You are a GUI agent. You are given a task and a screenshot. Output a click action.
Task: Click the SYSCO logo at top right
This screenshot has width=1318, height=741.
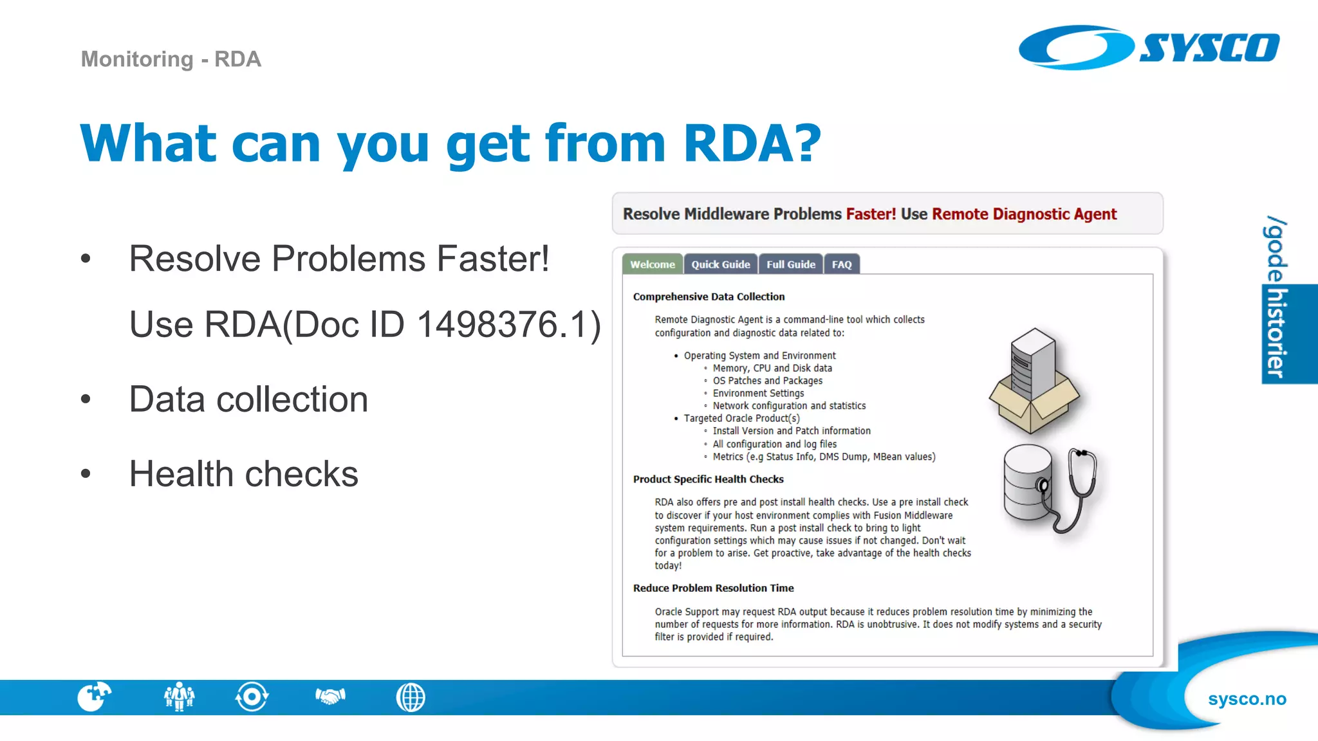click(1149, 48)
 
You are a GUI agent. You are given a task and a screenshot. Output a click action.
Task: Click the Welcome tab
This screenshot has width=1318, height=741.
click(652, 264)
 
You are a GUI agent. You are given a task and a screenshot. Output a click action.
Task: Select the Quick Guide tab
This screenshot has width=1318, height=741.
click(720, 264)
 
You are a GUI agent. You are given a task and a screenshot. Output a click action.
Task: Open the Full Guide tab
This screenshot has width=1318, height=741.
click(790, 264)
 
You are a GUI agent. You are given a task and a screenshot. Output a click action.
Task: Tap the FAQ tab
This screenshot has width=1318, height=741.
click(841, 264)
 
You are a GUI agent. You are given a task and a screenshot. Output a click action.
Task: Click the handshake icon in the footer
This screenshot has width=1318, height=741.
click(330, 697)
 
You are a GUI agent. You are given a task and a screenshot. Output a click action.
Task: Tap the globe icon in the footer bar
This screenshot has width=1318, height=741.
click(411, 697)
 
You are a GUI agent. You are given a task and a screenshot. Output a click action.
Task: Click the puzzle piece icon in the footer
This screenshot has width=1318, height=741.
click(94, 697)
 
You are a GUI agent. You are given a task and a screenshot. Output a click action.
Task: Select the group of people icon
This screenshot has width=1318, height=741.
click(179, 697)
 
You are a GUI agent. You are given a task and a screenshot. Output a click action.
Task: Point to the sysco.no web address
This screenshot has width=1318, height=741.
click(1247, 699)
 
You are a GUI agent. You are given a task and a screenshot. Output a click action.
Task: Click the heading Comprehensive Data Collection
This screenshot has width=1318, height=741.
click(709, 297)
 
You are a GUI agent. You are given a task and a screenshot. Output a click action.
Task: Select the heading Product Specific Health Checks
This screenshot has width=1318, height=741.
click(708, 479)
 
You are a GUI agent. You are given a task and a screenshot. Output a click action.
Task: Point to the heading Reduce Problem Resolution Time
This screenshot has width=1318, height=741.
click(713, 588)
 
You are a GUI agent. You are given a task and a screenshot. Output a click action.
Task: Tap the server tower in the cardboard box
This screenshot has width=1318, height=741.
click(1032, 363)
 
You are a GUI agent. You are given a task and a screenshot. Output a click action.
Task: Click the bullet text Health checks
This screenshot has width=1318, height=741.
click(243, 474)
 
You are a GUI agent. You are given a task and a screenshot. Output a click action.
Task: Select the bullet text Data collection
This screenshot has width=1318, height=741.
click(248, 399)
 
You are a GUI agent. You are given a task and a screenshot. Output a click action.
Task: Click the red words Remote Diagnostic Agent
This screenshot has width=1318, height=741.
click(1024, 214)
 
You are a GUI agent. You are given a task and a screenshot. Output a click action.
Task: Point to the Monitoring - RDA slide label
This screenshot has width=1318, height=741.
click(171, 59)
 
